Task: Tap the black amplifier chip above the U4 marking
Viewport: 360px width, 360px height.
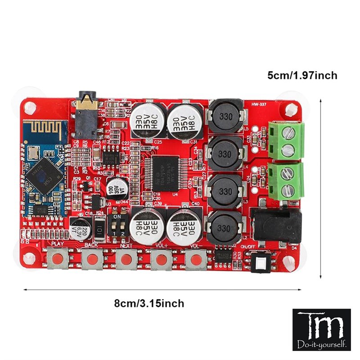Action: click(x=165, y=173)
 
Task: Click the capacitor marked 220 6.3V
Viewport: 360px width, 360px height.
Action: click(x=80, y=229)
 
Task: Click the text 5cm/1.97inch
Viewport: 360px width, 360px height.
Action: click(x=302, y=75)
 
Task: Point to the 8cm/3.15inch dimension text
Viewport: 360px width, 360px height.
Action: click(x=149, y=303)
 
